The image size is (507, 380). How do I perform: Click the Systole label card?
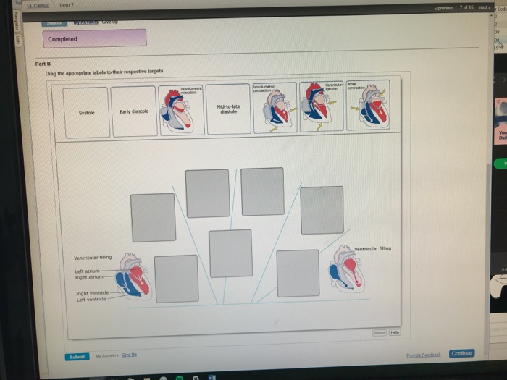click(85, 112)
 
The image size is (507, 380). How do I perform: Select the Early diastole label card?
click(133, 111)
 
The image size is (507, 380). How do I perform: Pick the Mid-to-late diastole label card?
click(229, 109)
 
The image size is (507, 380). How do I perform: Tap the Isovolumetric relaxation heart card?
click(182, 109)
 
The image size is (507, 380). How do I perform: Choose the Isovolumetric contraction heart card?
click(275, 108)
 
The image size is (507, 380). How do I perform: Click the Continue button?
click(461, 353)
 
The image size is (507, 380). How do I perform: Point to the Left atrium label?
click(87, 271)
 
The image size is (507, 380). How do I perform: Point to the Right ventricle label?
click(92, 293)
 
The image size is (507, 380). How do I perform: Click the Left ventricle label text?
click(92, 299)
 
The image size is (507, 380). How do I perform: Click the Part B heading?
click(42, 64)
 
